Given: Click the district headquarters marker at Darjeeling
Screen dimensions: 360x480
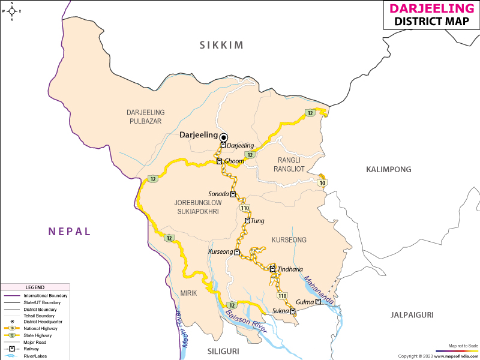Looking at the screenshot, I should point(224,137).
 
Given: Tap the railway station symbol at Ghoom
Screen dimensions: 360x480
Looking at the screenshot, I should point(220,161).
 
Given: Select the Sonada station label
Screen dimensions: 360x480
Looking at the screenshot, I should point(218,194).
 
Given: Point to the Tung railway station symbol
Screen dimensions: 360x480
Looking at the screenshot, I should point(247,221).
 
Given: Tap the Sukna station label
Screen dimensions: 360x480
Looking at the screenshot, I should point(280,311).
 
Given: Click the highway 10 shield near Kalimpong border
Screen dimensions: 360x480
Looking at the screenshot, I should point(322,183).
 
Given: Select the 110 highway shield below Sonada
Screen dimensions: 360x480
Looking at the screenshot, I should point(245,208).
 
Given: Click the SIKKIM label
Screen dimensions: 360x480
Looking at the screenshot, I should point(222,45).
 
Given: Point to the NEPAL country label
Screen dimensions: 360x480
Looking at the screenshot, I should point(70,231).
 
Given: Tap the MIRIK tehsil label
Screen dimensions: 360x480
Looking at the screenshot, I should point(188,293).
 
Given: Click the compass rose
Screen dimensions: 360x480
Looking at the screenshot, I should point(11,11).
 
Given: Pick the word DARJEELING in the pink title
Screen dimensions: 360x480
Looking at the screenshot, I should point(431,8).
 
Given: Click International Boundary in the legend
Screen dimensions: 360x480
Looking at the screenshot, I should point(46,296).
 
